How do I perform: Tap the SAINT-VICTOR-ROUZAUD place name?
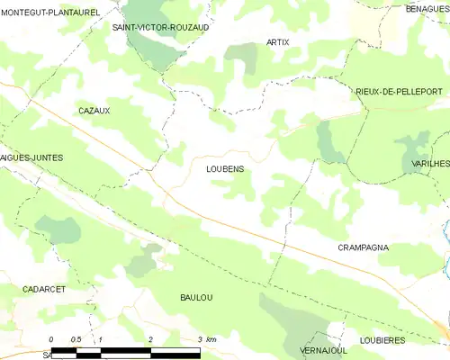(160, 28)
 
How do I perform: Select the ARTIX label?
(278, 42)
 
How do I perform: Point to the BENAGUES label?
(427, 8)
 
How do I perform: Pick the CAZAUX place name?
(94, 110)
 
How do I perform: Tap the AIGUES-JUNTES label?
(32, 157)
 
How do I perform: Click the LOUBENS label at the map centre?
(225, 168)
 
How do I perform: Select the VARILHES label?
(430, 163)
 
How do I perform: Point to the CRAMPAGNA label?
(363, 247)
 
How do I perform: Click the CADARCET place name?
(43, 290)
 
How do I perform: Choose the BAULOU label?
(196, 297)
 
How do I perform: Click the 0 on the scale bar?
(51, 338)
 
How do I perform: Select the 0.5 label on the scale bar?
(76, 338)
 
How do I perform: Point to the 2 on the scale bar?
(150, 338)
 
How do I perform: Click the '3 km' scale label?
(206, 338)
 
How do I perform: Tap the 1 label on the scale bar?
(101, 338)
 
